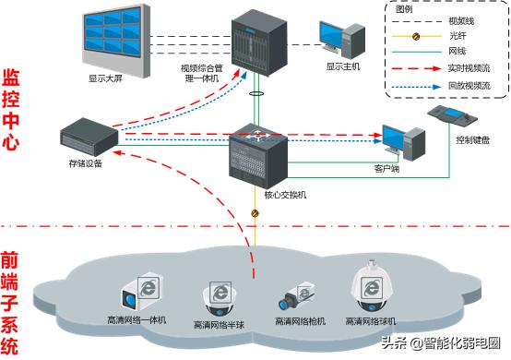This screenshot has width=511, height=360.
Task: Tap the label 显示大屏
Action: coord(104,78)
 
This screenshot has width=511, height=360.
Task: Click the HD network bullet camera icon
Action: coord(297,297)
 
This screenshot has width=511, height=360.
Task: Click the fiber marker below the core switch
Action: coord(255,214)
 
